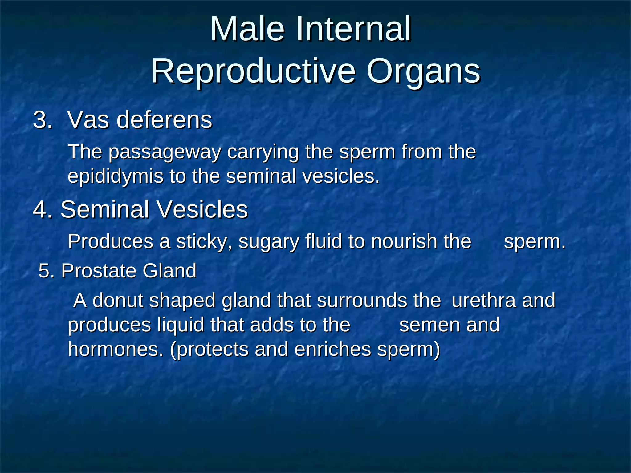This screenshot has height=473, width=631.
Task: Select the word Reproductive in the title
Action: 253,71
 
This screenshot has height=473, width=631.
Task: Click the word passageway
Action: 165,152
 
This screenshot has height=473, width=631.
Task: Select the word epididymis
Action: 115,177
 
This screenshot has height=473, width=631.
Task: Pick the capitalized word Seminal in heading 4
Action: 105,209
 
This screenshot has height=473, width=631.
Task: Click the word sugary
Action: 269,242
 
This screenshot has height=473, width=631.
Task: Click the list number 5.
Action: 46,271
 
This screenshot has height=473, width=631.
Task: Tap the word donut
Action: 118,300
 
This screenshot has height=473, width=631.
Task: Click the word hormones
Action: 115,350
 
